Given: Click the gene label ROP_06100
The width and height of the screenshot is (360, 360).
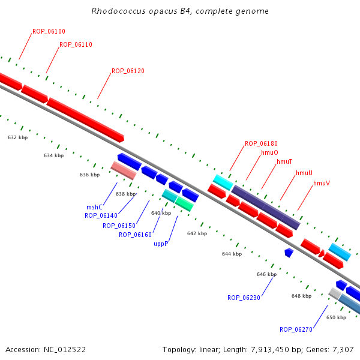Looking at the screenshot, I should click(x=49, y=31).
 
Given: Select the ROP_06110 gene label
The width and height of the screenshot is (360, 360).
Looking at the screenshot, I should click(x=76, y=44).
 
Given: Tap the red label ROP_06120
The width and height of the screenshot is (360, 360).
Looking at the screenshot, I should click(x=128, y=71).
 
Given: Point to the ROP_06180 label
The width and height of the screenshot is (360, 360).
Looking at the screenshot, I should click(x=261, y=143).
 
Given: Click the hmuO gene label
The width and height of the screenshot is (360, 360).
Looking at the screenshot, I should click(x=269, y=152).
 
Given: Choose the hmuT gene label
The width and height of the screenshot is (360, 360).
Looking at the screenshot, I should click(x=284, y=161).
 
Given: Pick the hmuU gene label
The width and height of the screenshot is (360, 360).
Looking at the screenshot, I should click(x=304, y=173).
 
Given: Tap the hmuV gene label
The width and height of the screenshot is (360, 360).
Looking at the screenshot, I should click(x=322, y=182).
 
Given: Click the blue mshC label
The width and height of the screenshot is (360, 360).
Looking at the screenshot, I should click(x=94, y=207).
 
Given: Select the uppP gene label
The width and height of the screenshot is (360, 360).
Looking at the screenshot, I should click(x=161, y=244).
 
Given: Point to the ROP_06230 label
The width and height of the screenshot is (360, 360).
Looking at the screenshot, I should click(x=244, y=298).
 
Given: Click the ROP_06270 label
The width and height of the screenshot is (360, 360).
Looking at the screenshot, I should click(x=296, y=329).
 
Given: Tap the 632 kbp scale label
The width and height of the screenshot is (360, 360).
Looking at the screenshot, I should click(x=17, y=137).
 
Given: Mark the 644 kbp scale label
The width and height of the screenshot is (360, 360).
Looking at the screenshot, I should click(x=232, y=254).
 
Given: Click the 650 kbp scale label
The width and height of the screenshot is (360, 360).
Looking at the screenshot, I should click(x=336, y=317).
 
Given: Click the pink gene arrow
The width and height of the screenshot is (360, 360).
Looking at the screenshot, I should click(x=124, y=170).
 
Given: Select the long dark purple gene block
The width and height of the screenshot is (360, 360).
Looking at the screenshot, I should click(x=265, y=207).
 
